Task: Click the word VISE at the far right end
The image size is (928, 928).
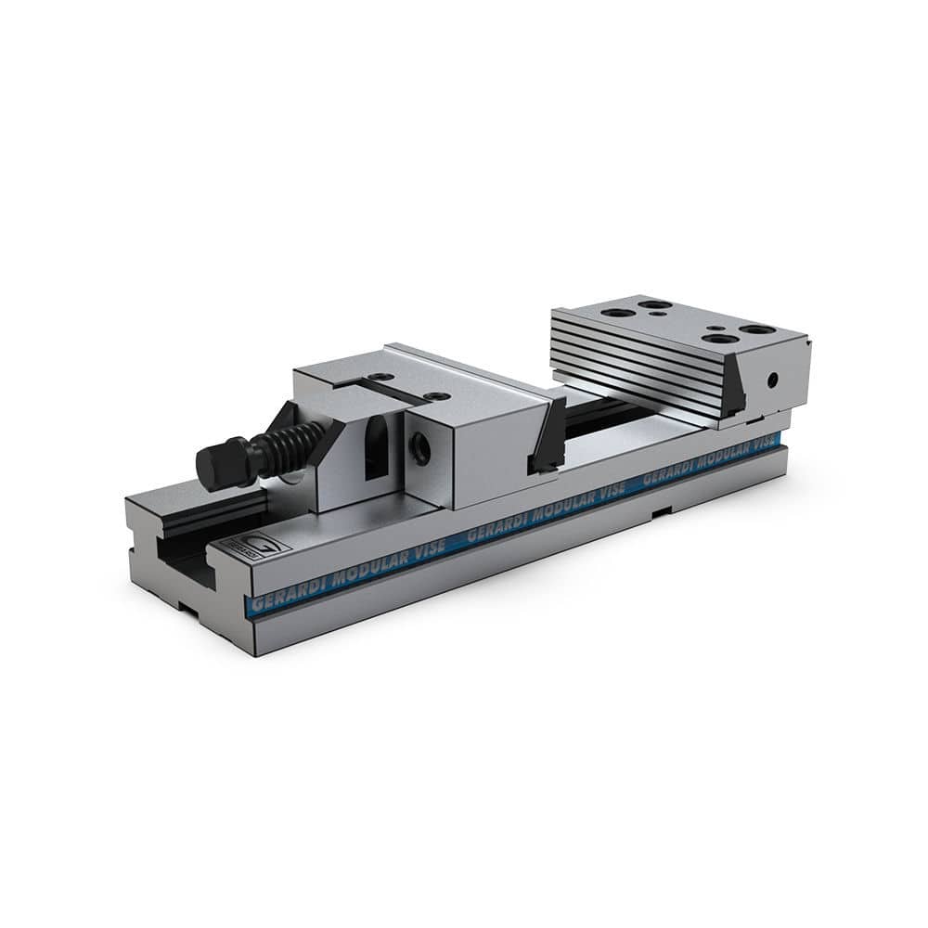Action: [763, 440]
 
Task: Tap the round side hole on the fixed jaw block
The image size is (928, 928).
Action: [771, 380]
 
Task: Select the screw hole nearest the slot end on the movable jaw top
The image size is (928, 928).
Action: [376, 378]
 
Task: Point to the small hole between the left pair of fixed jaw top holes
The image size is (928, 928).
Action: [657, 314]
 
